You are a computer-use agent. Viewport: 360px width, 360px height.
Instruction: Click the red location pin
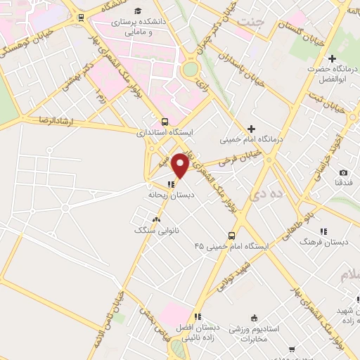[181, 165]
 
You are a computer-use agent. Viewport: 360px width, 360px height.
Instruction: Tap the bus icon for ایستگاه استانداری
[165, 120]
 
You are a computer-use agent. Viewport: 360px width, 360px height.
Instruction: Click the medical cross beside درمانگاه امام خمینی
[251, 128]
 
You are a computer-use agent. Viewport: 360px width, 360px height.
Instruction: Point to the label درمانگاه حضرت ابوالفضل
[333, 73]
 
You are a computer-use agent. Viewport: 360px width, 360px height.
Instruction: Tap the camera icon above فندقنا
[343, 173]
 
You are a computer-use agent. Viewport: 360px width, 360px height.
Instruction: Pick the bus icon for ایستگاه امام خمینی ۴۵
[231, 236]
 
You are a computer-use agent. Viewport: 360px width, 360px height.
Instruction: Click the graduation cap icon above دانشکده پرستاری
[139, 11]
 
